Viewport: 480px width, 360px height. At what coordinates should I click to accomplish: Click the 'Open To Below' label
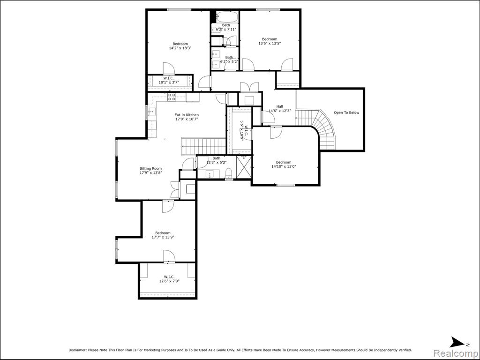click(x=346, y=112)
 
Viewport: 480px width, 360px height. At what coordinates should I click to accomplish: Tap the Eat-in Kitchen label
click(x=187, y=115)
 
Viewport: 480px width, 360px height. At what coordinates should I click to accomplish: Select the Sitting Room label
click(x=150, y=168)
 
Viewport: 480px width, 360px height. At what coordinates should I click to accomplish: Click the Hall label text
click(x=279, y=106)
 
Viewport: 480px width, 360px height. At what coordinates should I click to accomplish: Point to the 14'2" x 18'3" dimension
click(x=180, y=48)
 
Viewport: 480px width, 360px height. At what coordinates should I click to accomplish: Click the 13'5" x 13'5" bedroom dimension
click(x=270, y=44)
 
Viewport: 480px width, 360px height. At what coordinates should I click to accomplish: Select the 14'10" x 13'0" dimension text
click(x=284, y=166)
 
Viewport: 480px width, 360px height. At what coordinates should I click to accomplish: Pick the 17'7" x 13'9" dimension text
click(x=163, y=237)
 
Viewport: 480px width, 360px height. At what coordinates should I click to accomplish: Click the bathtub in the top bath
click(x=226, y=16)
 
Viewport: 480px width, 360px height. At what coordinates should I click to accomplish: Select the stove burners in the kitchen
click(x=172, y=97)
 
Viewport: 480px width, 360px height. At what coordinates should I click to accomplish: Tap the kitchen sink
click(x=151, y=112)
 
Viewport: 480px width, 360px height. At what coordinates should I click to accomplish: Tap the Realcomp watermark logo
click(x=456, y=353)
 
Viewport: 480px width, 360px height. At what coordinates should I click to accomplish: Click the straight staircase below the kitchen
click(x=204, y=146)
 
